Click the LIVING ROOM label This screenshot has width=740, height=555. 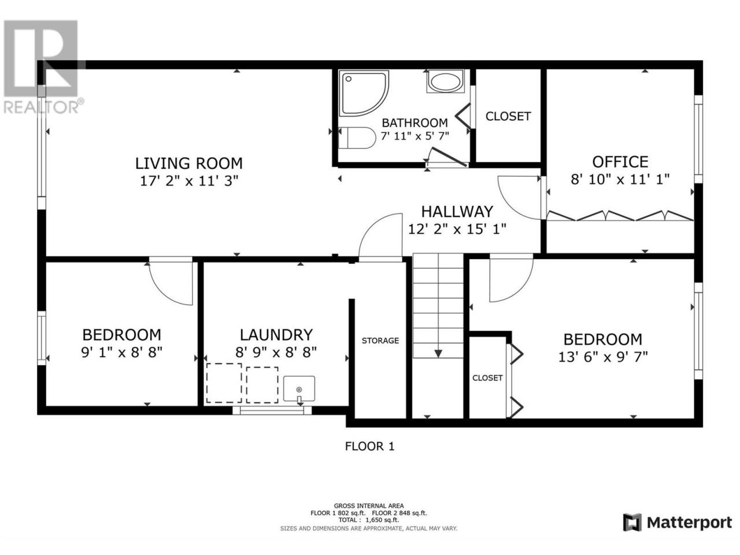[189, 164]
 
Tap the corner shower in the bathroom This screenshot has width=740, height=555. [364, 93]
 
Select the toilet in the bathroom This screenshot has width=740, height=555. [357, 138]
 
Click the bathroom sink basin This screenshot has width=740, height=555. [445, 82]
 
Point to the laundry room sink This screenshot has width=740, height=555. [299, 389]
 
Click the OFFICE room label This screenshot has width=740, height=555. [620, 162]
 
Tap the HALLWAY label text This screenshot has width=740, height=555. [457, 212]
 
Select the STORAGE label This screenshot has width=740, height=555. [380, 341]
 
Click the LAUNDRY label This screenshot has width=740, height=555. [276, 335]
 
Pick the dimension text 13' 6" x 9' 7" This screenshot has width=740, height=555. [603, 357]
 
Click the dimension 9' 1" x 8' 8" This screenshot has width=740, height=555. [122, 353]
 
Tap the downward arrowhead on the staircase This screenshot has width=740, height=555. [438, 353]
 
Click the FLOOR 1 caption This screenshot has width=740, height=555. [369, 446]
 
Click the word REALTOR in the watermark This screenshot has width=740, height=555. [40, 107]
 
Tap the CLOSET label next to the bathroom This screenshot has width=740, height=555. [508, 116]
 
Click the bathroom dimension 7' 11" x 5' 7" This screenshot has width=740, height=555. [415, 136]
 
